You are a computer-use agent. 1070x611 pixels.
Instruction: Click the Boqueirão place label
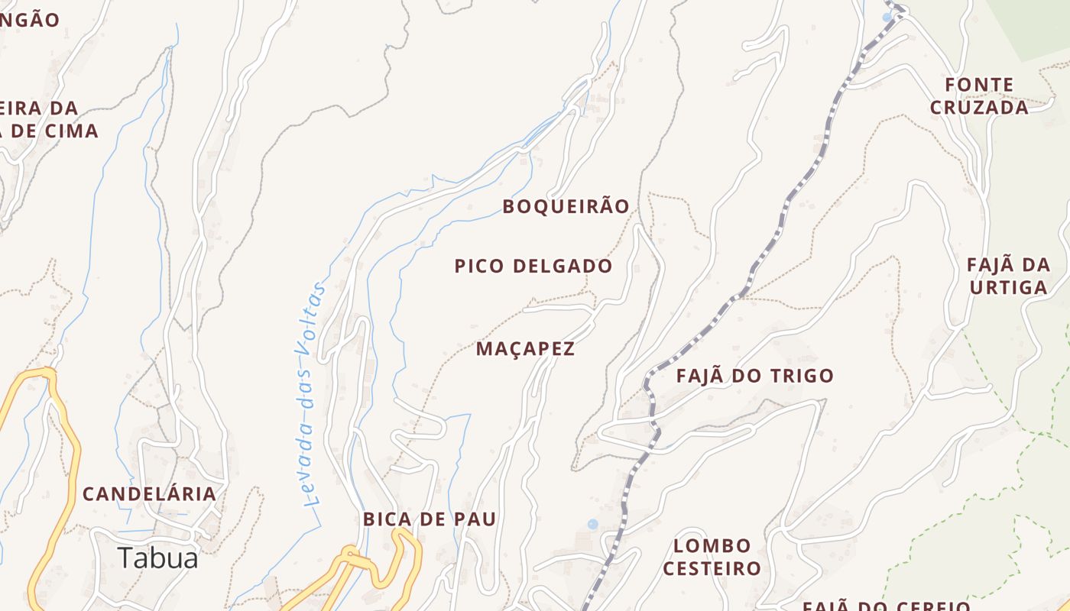(x=566, y=206)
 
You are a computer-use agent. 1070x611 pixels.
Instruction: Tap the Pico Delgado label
(x=533, y=266)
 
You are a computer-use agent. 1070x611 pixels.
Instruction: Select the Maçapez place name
(x=525, y=349)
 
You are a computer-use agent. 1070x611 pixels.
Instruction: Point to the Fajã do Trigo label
(x=754, y=376)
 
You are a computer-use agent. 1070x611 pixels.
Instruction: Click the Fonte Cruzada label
(x=979, y=96)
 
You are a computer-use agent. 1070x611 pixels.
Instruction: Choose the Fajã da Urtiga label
(x=1008, y=276)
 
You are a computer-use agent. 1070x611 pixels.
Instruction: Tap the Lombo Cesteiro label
(x=712, y=557)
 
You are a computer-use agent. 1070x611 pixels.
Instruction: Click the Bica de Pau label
(x=430, y=519)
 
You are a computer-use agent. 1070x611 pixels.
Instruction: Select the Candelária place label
(x=149, y=494)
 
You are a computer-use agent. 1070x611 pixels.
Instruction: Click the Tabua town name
(x=158, y=558)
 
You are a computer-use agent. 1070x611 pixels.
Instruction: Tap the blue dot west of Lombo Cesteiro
(x=592, y=524)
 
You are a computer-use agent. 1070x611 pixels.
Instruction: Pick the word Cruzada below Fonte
(x=979, y=108)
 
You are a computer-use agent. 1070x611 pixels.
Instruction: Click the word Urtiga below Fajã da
(x=1008, y=288)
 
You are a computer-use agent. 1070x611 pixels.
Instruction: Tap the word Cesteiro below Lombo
(x=712, y=568)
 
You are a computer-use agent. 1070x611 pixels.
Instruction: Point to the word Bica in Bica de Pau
(x=384, y=519)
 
